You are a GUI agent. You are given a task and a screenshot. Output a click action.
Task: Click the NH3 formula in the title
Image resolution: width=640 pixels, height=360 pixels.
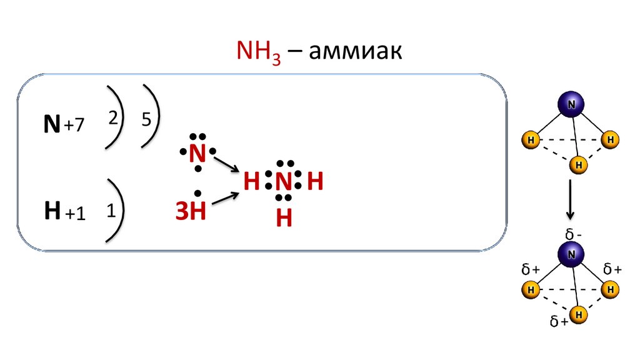click(258, 52)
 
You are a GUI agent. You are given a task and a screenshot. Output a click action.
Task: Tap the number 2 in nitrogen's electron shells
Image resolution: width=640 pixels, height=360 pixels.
click(114, 119)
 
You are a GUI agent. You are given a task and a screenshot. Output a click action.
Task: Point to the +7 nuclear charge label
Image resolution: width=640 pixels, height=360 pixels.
click(73, 126)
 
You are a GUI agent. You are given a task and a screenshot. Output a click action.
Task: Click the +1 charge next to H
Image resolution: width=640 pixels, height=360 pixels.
click(74, 213)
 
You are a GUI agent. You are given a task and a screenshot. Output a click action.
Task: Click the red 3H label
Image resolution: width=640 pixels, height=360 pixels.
click(190, 211)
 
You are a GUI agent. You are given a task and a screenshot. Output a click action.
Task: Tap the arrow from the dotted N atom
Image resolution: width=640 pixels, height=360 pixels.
click(226, 164)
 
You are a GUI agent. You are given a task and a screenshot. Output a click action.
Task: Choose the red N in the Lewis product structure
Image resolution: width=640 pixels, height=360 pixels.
click(284, 182)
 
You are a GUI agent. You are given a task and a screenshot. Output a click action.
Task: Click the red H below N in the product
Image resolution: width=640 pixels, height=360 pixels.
click(284, 218)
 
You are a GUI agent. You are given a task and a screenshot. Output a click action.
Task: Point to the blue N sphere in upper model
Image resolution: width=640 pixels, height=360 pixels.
click(570, 106)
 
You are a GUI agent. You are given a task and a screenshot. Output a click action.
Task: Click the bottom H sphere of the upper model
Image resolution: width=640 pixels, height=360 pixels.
click(579, 164)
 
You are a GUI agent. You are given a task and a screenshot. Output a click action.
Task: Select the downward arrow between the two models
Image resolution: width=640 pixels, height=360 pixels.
click(570, 201)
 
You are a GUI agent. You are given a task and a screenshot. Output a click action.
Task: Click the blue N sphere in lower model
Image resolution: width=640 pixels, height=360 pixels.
click(571, 254)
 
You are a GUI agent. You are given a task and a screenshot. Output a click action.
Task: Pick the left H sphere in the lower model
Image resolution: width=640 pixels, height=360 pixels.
click(530, 290)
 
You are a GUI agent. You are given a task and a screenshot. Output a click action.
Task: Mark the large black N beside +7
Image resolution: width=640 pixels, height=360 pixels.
click(52, 125)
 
